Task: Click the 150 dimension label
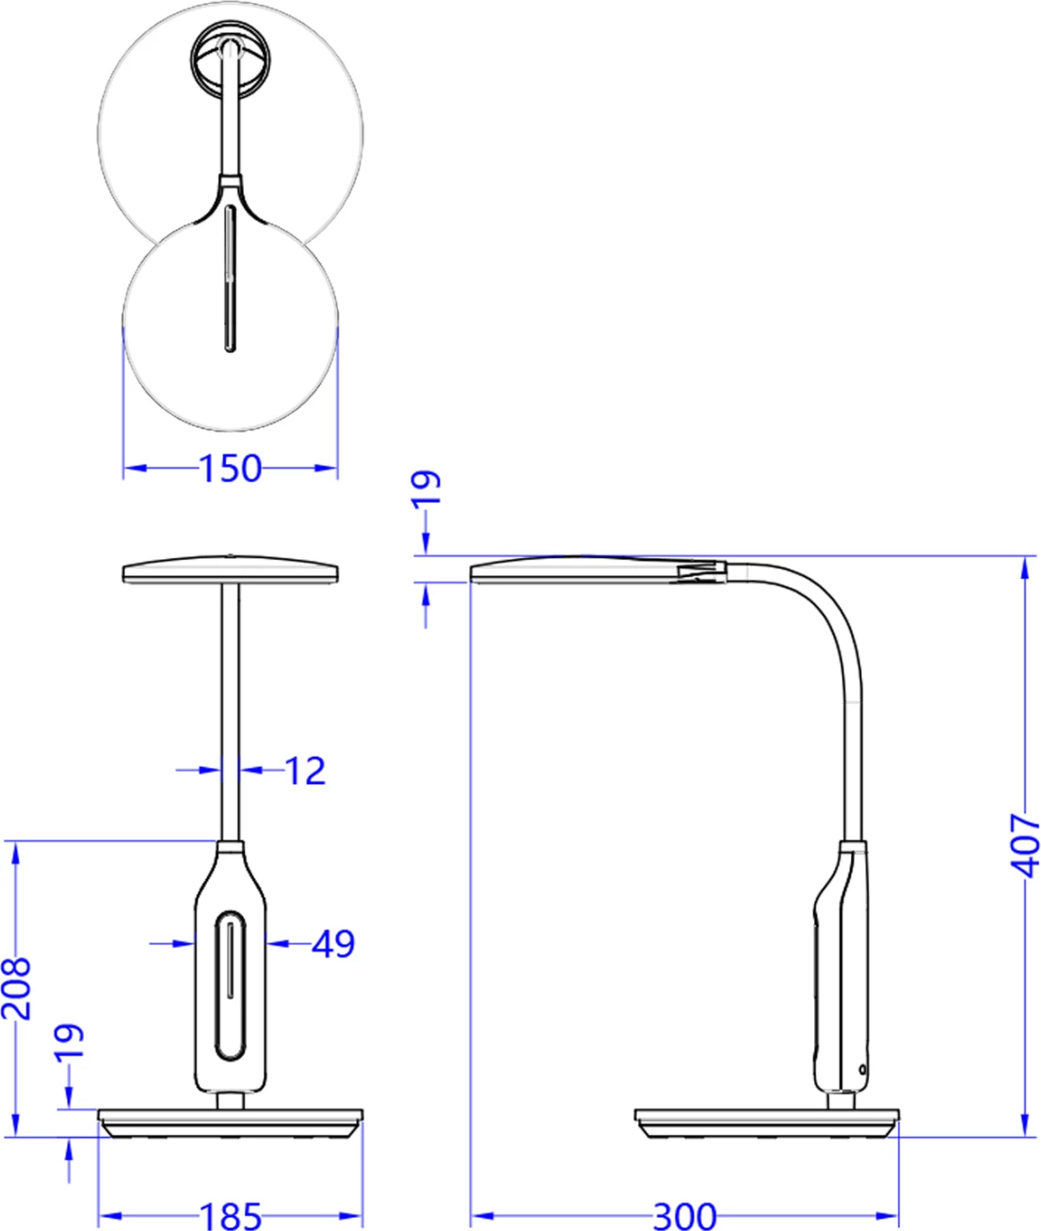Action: pos(231,468)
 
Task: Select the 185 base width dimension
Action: pos(231,1215)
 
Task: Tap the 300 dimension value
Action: pos(684,1215)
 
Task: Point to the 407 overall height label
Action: pos(1025,844)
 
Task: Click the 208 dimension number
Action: pos(17,988)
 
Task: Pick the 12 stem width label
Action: pos(304,771)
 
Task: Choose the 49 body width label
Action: pos(333,943)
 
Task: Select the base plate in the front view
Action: pos(231,1122)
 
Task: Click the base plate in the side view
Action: pos(766,1122)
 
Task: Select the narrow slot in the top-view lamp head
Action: pos(230,280)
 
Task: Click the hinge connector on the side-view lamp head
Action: pos(699,571)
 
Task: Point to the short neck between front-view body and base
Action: pos(231,1100)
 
